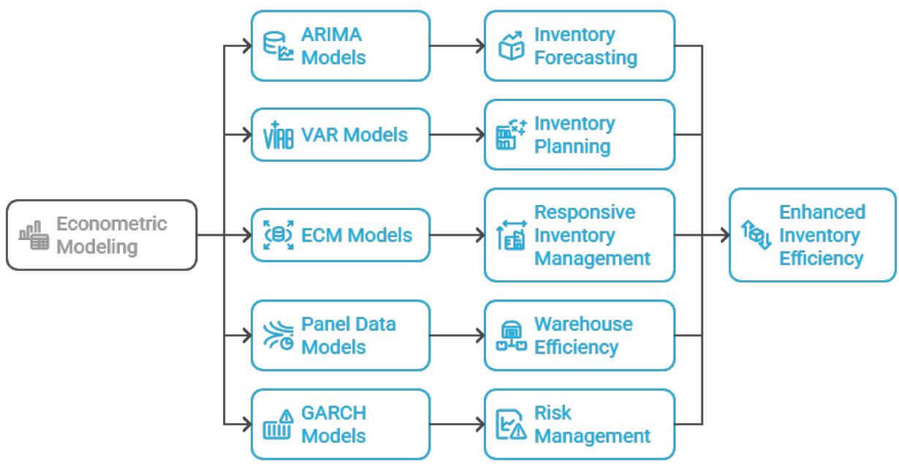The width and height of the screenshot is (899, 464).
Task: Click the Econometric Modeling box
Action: pyautogui.click(x=102, y=235)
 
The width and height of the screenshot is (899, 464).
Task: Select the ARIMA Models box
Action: pyautogui.click(x=340, y=45)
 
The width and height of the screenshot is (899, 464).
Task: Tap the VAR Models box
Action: pyautogui.click(x=340, y=135)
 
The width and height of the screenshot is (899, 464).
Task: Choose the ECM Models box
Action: pyautogui.click(x=340, y=235)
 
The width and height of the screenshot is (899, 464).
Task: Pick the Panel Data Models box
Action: pyautogui.click(x=340, y=334)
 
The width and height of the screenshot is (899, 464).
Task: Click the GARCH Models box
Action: pyautogui.click(x=340, y=424)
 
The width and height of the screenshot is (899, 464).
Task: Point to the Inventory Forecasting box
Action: pyautogui.click(x=579, y=45)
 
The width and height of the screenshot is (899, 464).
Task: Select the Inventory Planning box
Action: pyautogui.click(x=579, y=135)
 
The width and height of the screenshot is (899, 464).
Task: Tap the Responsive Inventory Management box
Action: pyautogui.click(x=579, y=235)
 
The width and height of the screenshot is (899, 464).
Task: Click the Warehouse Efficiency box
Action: pyautogui.click(x=579, y=334)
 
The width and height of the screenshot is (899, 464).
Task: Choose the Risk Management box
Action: pyautogui.click(x=579, y=424)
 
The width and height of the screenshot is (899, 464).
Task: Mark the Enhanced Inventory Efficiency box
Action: pyautogui.click(x=812, y=235)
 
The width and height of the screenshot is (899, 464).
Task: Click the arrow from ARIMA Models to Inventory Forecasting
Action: pyautogui.click(x=457, y=45)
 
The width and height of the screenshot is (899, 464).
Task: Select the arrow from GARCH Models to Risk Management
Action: pyautogui.click(x=457, y=424)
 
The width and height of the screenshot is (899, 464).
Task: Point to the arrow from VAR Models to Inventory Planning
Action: pyautogui.click(x=457, y=135)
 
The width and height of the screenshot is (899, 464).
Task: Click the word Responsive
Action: pyautogui.click(x=584, y=212)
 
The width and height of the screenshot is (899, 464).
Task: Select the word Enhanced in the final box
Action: pyautogui.click(x=822, y=212)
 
